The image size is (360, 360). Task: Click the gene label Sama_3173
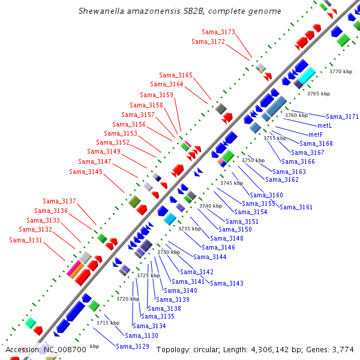(x=219, y=32)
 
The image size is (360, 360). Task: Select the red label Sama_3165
(x=176, y=76)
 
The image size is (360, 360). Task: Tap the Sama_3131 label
(x=26, y=241)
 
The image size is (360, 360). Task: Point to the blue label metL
(x=325, y=126)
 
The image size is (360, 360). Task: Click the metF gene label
(x=316, y=135)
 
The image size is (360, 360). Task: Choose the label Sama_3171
(x=342, y=117)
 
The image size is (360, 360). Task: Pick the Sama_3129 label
(x=133, y=347)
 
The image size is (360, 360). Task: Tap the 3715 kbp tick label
(x=108, y=323)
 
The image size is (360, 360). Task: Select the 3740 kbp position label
(x=211, y=206)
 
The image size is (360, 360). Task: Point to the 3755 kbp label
(x=275, y=139)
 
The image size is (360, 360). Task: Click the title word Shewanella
(x=103, y=11)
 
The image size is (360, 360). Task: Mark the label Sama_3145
(x=86, y=172)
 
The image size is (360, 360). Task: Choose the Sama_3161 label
(x=296, y=208)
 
